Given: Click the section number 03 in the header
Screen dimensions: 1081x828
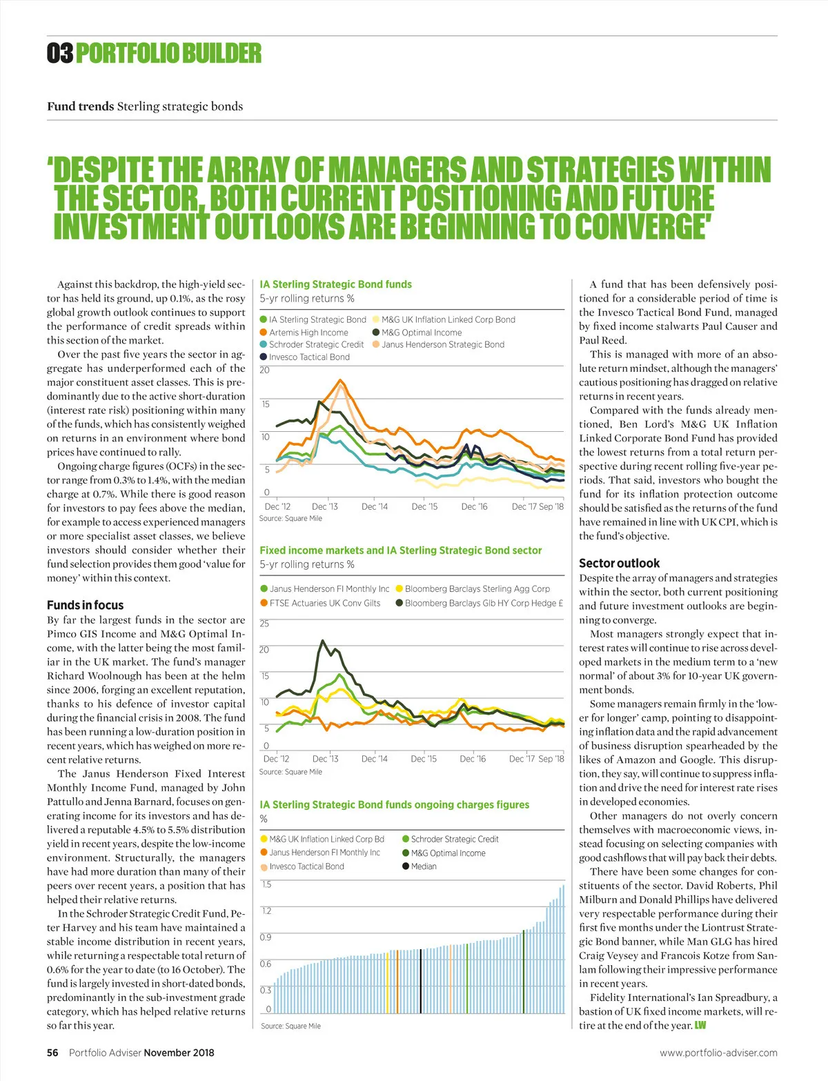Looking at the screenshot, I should point(60,53).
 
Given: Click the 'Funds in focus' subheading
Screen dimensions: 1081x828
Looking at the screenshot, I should point(85,605).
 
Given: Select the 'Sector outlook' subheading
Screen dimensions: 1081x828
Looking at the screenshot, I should point(619,563).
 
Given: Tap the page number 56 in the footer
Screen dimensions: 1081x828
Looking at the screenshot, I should point(52,1053).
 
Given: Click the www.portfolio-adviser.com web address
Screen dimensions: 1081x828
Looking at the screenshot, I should point(718,1053).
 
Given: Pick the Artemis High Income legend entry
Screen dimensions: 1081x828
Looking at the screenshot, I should point(308,333).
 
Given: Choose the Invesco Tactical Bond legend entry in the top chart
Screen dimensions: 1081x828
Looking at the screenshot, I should point(308,357).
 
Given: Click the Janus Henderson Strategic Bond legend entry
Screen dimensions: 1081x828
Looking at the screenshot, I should point(442,345).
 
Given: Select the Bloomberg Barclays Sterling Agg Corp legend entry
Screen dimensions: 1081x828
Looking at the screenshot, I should point(477,589).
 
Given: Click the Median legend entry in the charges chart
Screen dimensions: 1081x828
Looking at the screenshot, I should point(423,866).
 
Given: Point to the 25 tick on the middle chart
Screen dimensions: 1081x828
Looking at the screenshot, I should point(264,624).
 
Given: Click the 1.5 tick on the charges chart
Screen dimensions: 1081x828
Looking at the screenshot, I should point(266,884).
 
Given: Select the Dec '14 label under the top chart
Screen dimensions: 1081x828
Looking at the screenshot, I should point(375,506).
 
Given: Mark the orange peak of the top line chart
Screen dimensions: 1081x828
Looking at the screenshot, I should point(340,380).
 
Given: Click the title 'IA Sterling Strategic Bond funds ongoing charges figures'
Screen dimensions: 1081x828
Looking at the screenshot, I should point(394,805).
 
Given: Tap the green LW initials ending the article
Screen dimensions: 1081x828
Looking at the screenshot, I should point(700,1025).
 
